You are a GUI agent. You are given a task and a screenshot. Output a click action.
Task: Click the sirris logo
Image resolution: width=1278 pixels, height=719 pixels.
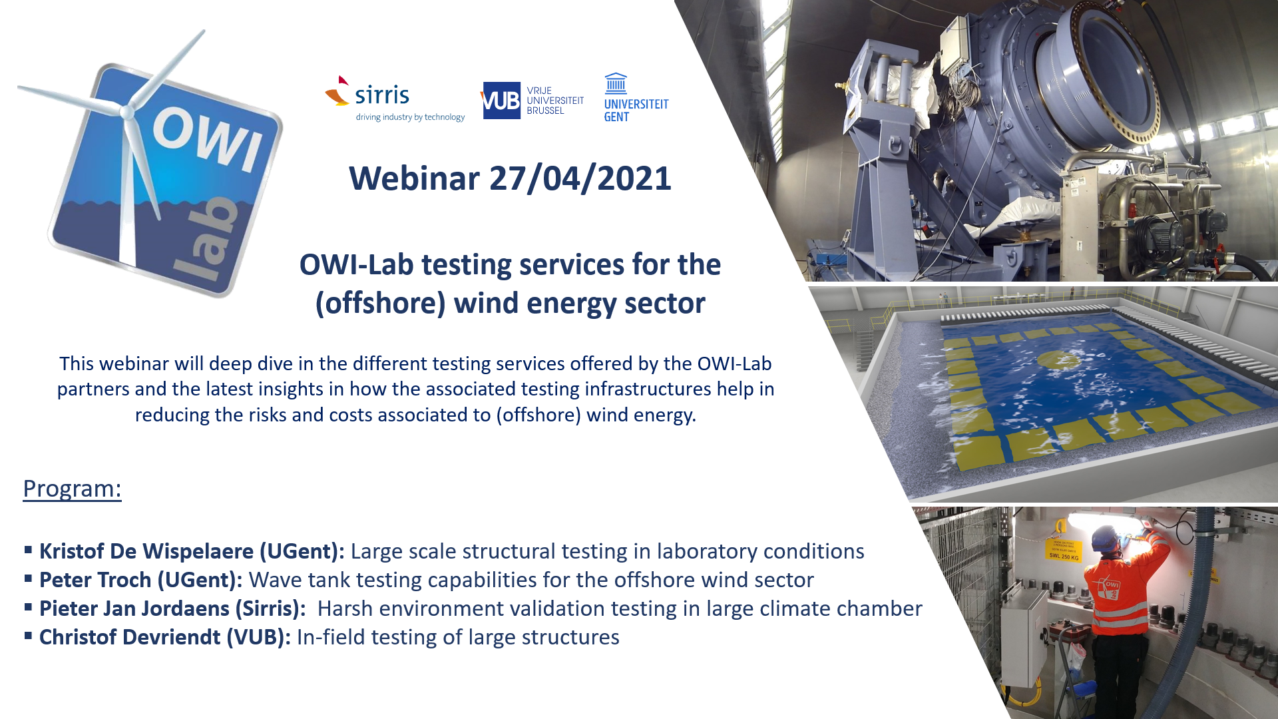click(x=395, y=99)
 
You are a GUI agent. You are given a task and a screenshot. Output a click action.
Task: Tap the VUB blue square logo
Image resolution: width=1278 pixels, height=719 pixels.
click(x=501, y=101)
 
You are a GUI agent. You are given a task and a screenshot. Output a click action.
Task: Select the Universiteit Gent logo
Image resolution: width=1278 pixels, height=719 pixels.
click(x=636, y=97)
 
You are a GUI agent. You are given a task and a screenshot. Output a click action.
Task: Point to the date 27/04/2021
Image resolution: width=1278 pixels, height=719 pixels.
click(x=580, y=178)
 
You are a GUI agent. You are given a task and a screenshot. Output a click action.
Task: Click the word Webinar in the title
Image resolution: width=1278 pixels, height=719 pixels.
click(x=414, y=178)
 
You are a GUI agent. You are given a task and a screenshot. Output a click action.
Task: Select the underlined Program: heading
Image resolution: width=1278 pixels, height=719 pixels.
click(x=72, y=489)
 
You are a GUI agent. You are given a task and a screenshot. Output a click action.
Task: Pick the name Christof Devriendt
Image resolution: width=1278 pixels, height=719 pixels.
click(x=130, y=637)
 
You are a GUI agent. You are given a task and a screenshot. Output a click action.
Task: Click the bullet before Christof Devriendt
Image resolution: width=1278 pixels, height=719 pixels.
click(x=29, y=635)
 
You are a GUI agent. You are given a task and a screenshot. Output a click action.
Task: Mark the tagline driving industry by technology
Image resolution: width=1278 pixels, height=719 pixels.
click(x=410, y=117)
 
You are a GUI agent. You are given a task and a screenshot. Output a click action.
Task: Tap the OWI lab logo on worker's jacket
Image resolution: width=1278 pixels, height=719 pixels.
click(x=1110, y=587)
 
